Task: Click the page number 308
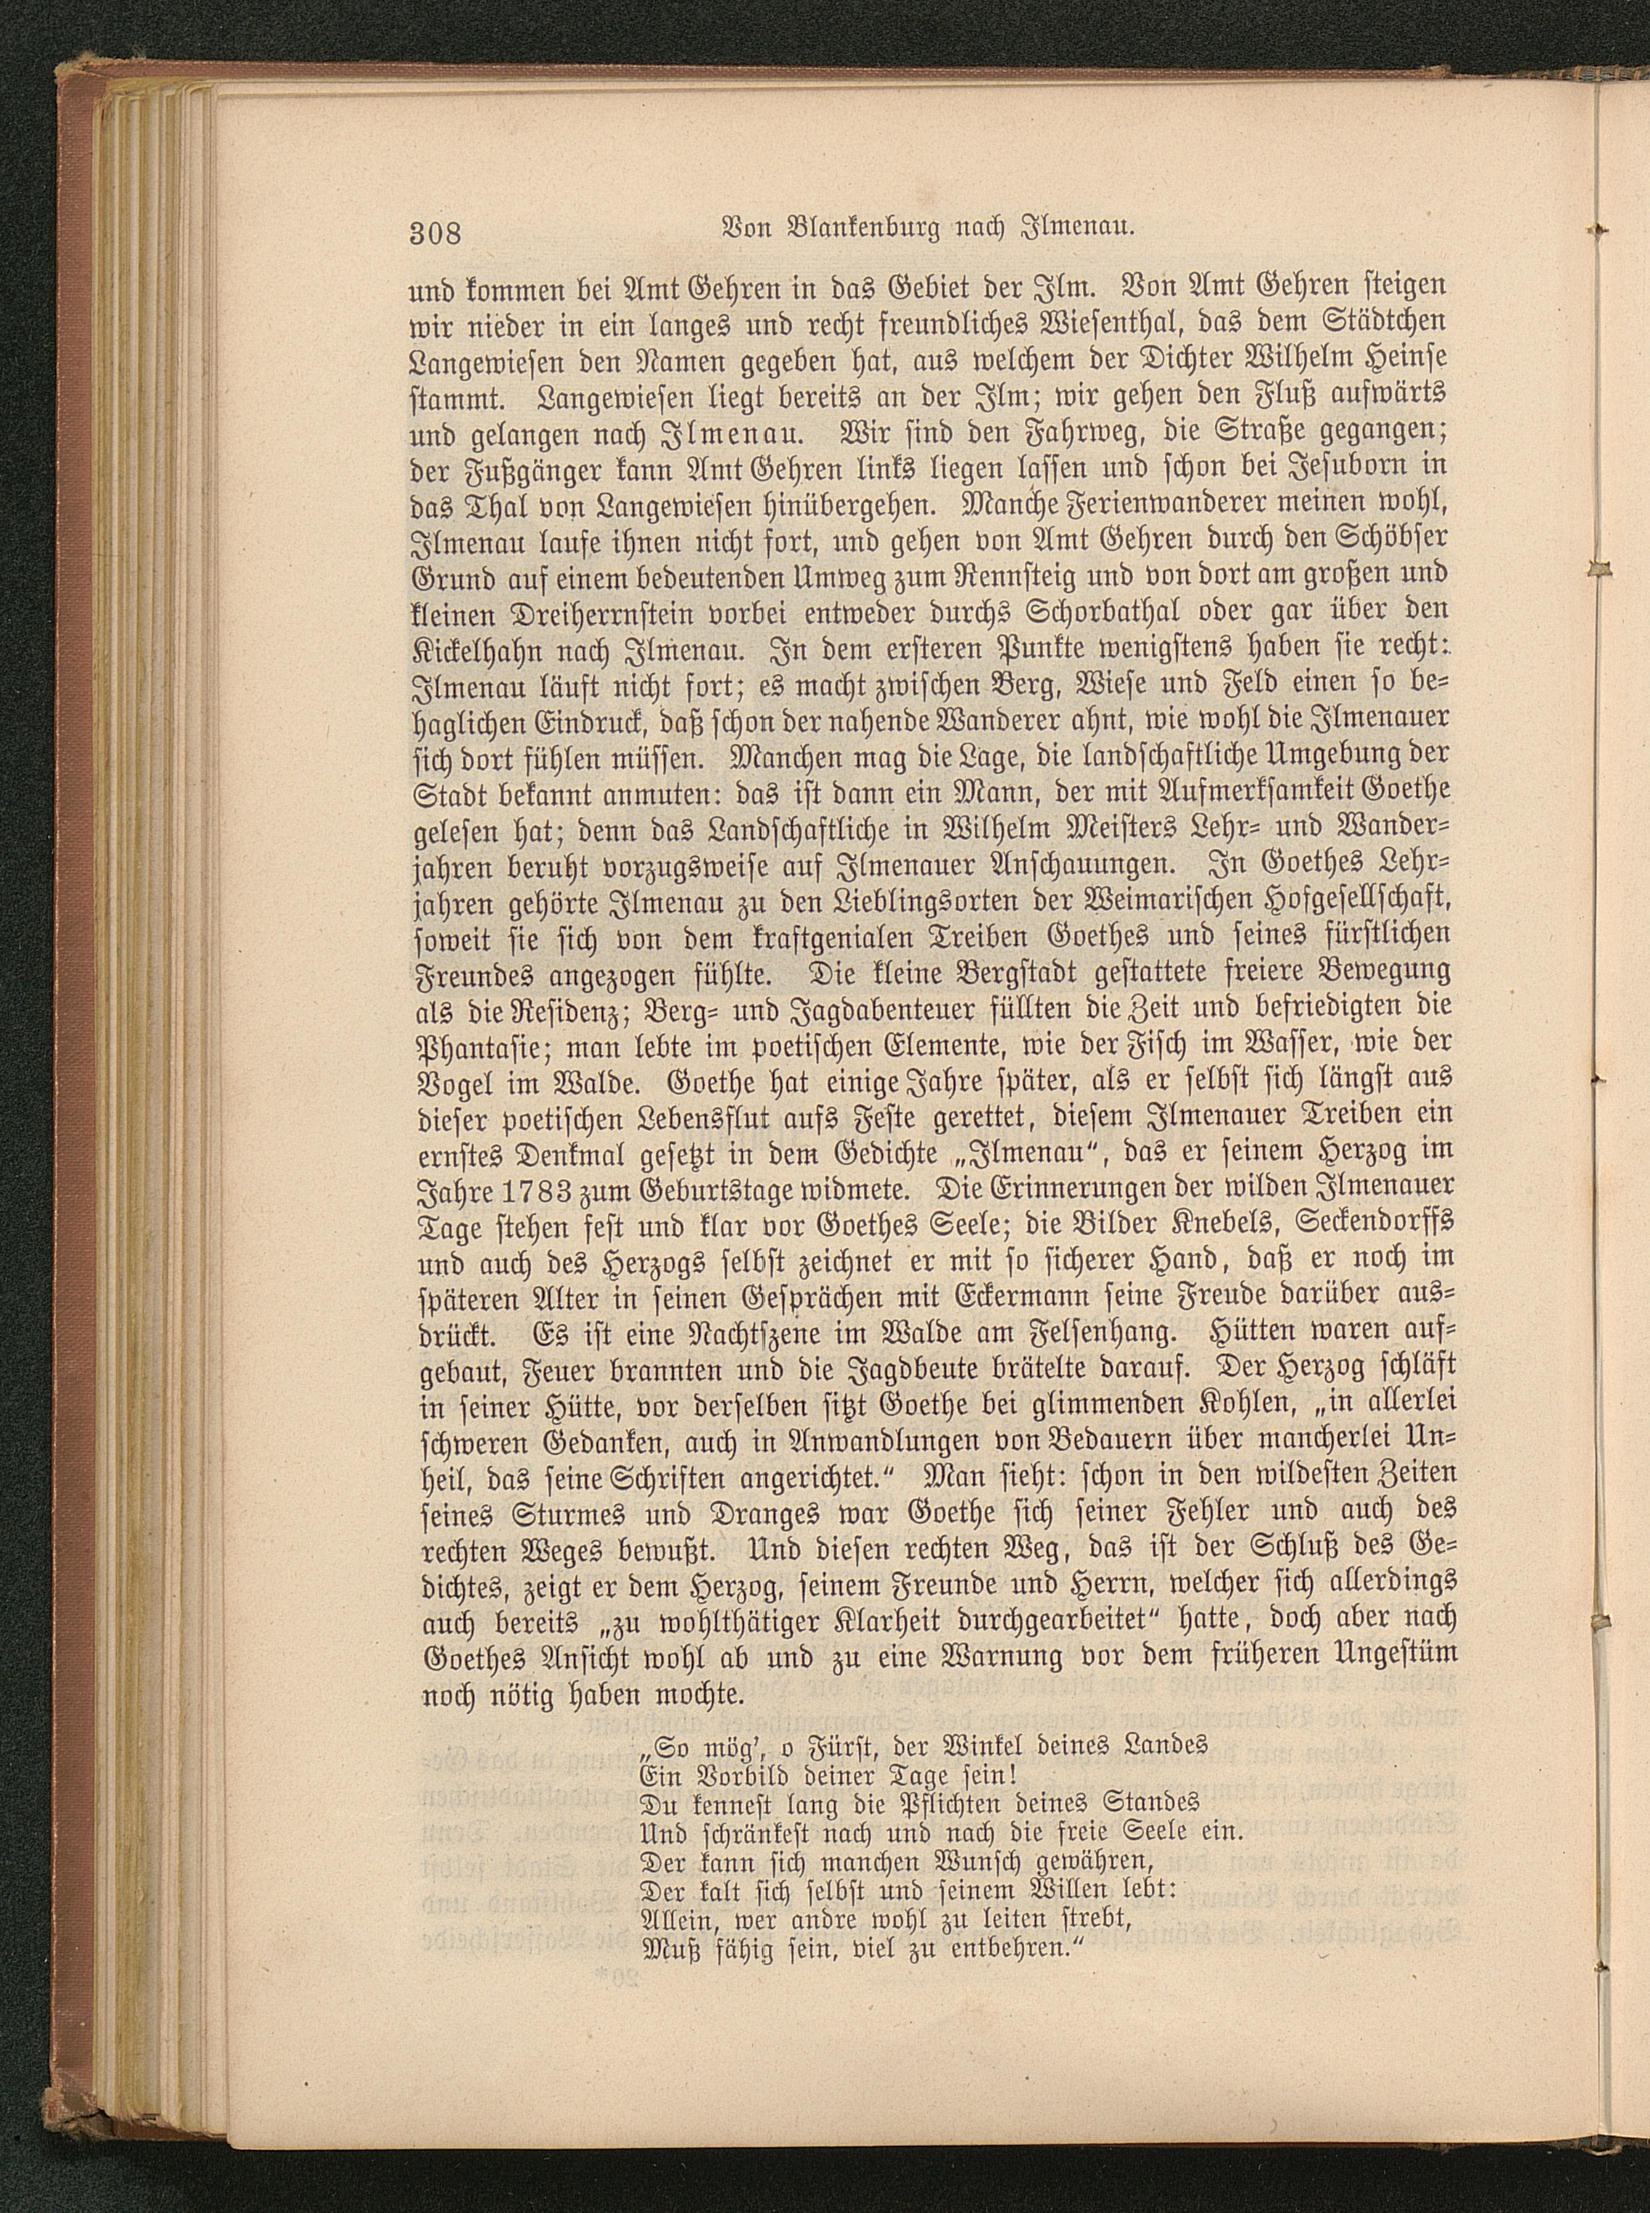[434, 262]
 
